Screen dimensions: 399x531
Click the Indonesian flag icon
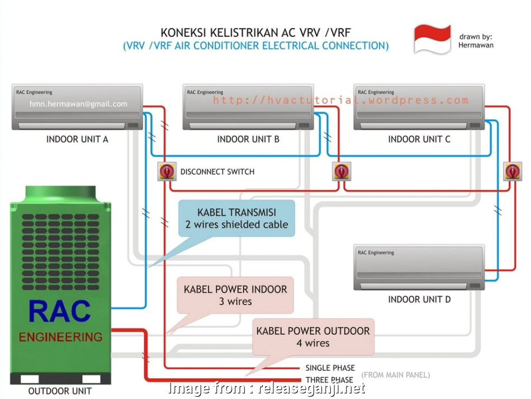pos(432,39)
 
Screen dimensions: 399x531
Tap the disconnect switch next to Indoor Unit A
pos(167,172)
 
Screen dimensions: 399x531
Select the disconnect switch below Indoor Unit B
pos(340,171)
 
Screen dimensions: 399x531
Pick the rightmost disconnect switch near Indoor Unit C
pos(511,171)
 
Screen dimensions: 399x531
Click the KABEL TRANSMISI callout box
pos(236,219)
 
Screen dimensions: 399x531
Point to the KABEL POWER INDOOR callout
pos(235,295)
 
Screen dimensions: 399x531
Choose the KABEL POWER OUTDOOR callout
pos(314,337)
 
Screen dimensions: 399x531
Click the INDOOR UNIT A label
pos(77,139)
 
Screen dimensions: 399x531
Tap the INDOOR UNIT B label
pos(248,139)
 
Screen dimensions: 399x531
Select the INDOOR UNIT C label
pos(419,139)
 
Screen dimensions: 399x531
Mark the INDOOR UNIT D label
pos(419,299)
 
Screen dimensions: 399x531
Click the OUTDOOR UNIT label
pos(60,391)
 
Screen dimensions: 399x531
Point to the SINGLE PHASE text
pos(330,368)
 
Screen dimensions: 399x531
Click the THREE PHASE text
pos(329,380)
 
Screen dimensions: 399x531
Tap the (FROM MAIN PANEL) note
pos(396,374)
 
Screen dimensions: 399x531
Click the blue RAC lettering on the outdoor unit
pos(59,312)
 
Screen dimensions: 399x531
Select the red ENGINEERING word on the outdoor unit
pos(60,337)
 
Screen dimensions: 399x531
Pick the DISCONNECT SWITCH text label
pos(217,172)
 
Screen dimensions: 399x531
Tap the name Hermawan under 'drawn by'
pos(476,45)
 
